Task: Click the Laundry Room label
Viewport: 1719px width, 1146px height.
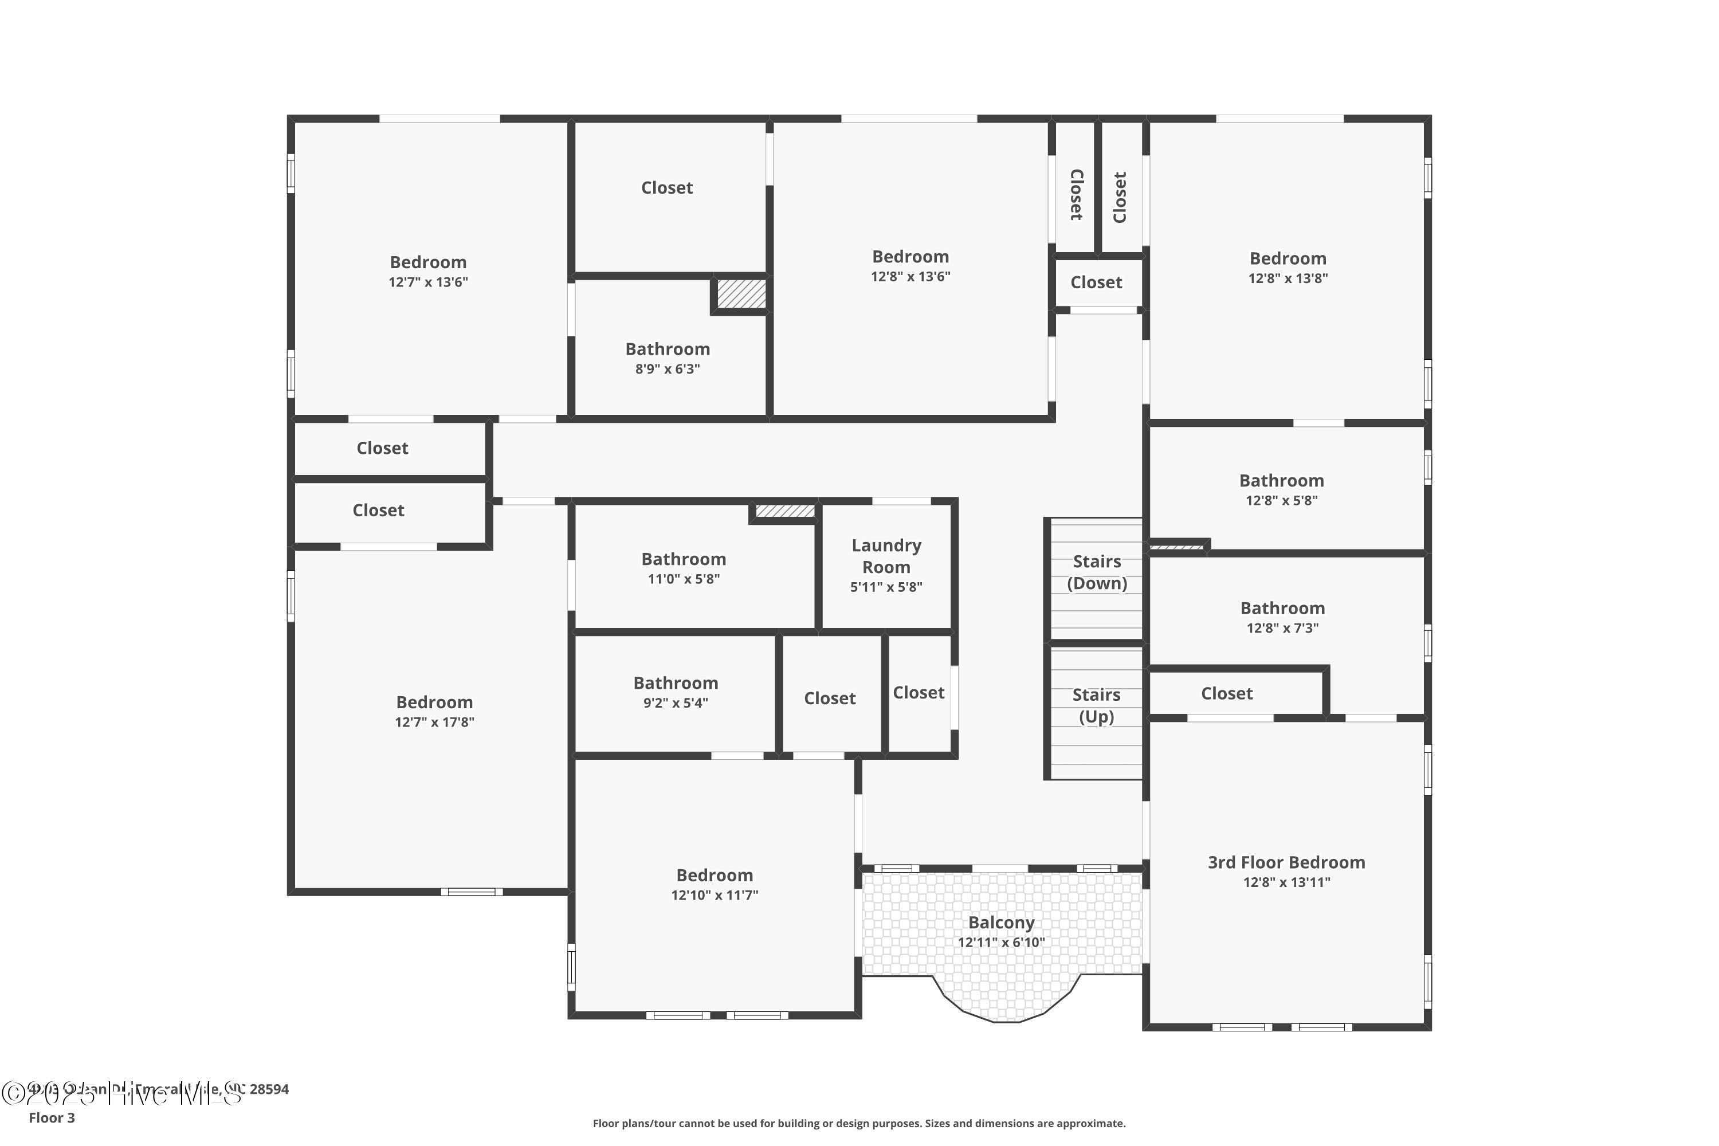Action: pos(886,556)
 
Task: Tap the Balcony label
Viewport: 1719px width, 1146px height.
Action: pos(1001,923)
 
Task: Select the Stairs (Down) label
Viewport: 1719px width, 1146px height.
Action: pos(1096,572)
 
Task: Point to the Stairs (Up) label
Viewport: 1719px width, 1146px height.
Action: pos(1096,705)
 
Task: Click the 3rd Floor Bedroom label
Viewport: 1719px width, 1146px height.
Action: pos(1286,862)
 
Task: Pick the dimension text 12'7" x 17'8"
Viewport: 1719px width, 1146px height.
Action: pos(434,722)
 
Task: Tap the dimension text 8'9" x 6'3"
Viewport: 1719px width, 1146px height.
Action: pos(668,369)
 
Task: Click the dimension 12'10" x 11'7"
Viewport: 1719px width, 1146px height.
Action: pos(715,895)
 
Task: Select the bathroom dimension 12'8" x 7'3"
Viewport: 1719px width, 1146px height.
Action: pos(1283,628)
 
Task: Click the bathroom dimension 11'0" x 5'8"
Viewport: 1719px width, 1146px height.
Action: pos(684,579)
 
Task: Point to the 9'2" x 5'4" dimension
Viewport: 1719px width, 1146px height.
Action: pos(676,703)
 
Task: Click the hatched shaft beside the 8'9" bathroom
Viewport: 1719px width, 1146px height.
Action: pos(741,294)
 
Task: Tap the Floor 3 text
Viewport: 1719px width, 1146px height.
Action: pos(52,1117)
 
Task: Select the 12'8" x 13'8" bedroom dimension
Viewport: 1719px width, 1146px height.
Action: pos(1288,278)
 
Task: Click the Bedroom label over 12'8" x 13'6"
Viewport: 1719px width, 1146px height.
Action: pos(910,257)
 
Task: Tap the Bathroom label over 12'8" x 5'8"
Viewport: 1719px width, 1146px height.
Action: pos(1281,480)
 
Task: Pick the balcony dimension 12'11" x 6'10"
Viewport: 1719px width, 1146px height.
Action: pos(1001,942)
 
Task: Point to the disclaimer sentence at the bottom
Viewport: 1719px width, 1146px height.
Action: pos(859,1123)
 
